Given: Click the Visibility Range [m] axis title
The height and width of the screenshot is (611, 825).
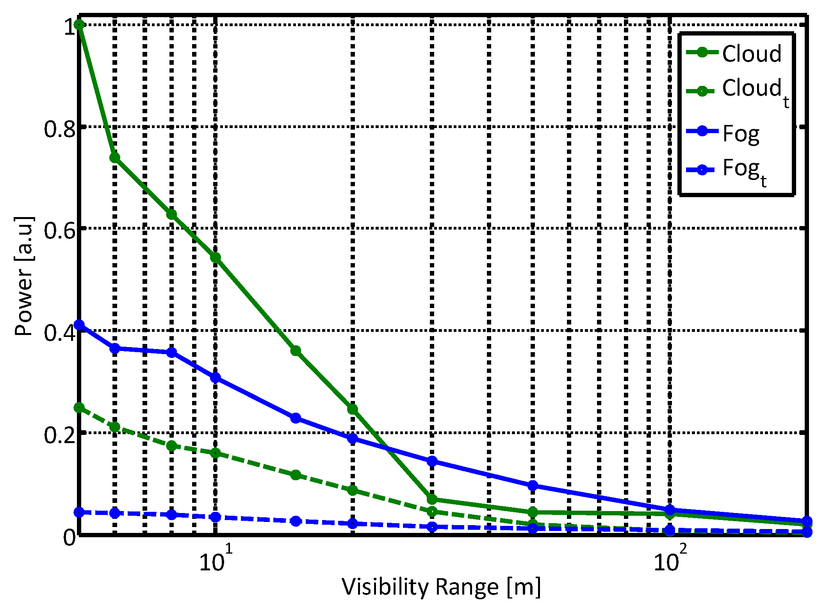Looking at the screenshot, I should point(442,587).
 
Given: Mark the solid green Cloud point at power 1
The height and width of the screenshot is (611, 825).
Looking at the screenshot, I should point(79,25).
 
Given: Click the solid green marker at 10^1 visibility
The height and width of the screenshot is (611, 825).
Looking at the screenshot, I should point(216,257).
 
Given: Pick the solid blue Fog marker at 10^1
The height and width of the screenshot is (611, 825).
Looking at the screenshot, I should point(216,378).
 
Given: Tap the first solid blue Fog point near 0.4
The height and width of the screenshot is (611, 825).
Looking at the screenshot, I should point(79,325).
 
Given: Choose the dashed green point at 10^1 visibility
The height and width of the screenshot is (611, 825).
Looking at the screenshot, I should point(216,453).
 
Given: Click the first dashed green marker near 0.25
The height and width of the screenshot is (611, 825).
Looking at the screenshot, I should point(79,408).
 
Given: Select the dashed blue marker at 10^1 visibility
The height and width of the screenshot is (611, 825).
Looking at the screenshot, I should point(216,517).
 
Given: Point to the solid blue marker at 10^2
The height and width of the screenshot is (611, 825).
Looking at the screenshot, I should point(670,510).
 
